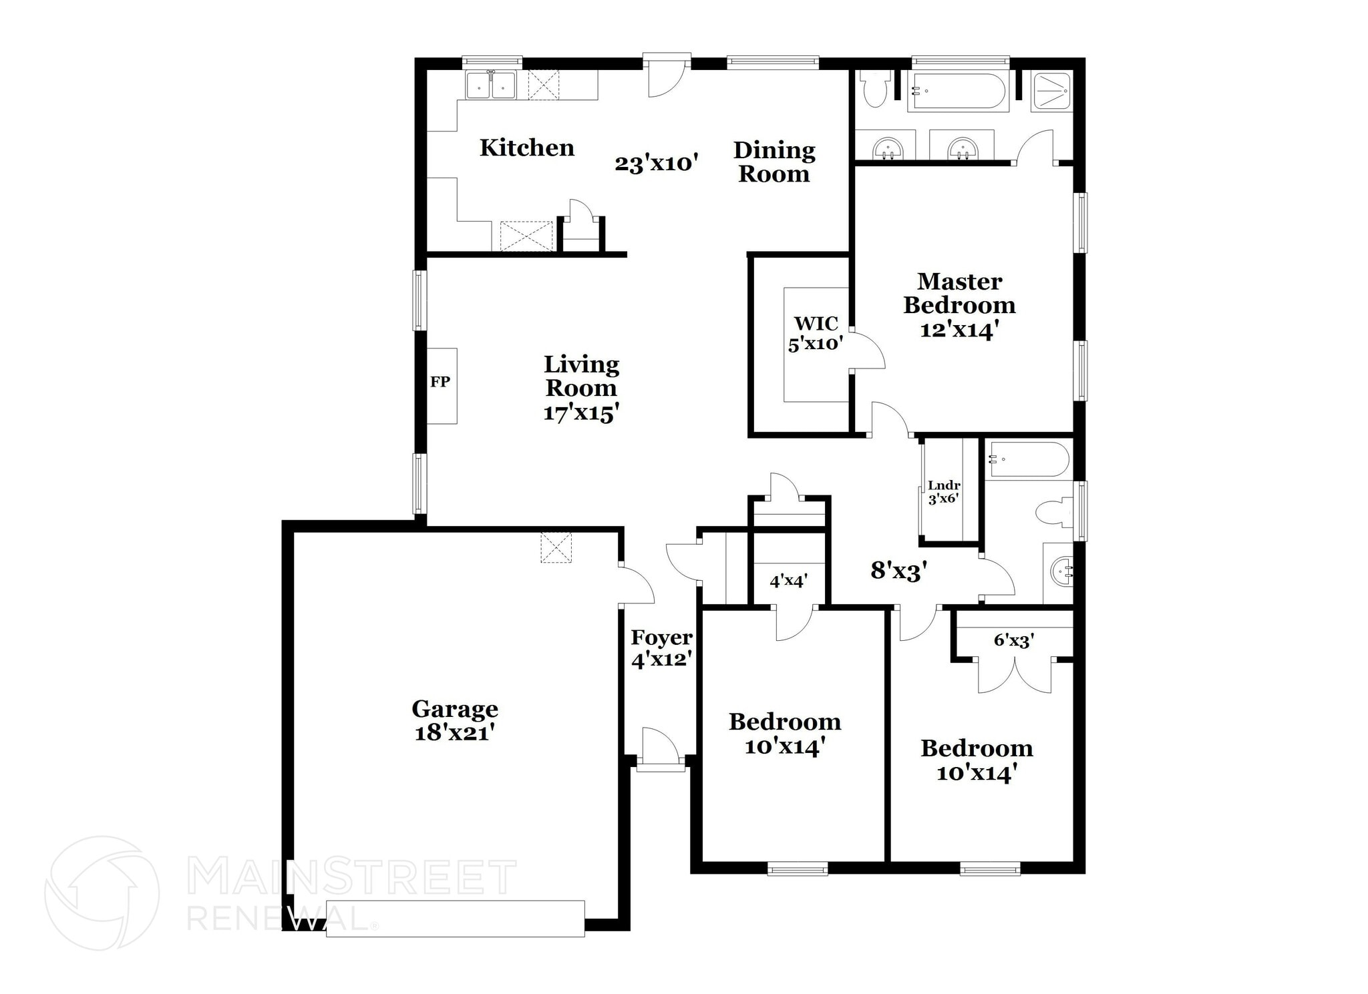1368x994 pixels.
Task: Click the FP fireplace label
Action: coord(440,382)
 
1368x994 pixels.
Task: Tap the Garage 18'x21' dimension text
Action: coord(454,733)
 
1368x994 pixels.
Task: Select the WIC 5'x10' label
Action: coord(816,334)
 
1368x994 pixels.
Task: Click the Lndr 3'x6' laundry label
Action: coord(944,492)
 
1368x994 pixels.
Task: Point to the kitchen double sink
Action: coord(490,86)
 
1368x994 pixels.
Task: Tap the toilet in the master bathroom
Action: coord(874,90)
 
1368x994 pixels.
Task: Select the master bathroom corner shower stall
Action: coord(1052,91)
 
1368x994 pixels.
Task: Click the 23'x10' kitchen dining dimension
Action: coord(656,163)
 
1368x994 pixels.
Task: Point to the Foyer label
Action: coord(661,638)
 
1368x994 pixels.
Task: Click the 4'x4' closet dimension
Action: coord(789,581)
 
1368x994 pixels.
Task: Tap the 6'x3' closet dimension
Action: coord(1014,640)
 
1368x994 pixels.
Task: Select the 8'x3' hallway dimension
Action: coord(898,571)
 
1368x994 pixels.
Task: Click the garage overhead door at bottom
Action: coord(455,919)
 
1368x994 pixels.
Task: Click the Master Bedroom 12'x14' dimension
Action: coord(959,330)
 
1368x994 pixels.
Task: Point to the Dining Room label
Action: coord(774,162)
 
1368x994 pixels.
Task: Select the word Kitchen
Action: coord(526,148)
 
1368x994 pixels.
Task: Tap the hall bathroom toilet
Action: coord(1054,513)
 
